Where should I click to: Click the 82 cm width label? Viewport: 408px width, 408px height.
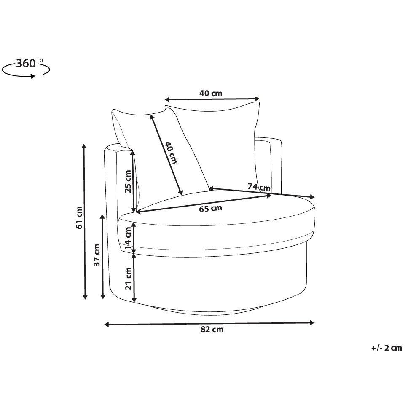[x=212, y=330]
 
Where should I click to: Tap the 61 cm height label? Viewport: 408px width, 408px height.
[x=79, y=217]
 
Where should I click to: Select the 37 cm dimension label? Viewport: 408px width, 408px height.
[x=97, y=255]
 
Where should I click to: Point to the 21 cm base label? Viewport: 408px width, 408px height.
[x=129, y=279]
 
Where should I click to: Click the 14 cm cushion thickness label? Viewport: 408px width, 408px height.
[x=128, y=238]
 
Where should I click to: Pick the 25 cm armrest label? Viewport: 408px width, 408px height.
[x=128, y=181]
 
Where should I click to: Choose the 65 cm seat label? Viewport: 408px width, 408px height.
[x=210, y=208]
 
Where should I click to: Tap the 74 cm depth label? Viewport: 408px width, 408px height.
[x=259, y=187]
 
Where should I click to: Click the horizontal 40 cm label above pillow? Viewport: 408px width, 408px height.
[x=211, y=93]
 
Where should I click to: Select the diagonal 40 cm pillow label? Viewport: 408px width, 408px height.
[x=171, y=153]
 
